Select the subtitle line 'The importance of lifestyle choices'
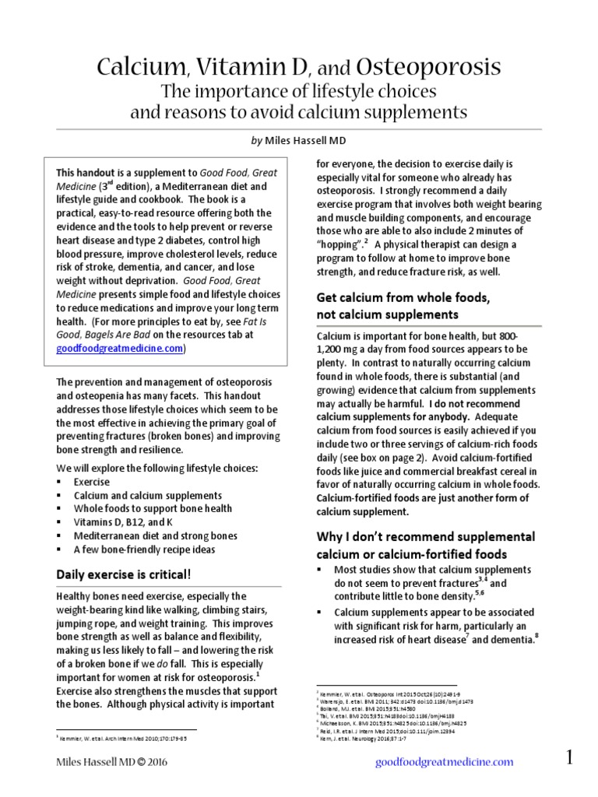coord(298,90)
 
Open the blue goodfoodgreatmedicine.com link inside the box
coord(119,349)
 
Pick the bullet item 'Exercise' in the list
coord(93,483)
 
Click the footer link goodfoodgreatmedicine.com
coord(445,762)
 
